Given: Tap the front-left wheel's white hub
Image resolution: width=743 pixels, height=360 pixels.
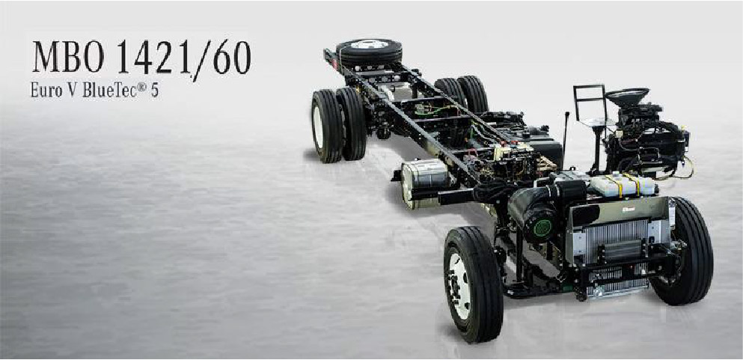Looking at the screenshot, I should pos(459,284).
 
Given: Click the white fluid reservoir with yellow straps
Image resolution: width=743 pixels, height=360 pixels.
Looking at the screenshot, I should pos(621,184).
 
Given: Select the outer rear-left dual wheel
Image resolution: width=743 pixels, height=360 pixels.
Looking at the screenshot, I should pos(326,126).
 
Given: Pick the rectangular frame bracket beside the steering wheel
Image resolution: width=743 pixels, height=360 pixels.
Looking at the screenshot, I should pos(590,103).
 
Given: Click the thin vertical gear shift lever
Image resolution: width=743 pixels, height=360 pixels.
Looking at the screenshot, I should pos(566,138).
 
